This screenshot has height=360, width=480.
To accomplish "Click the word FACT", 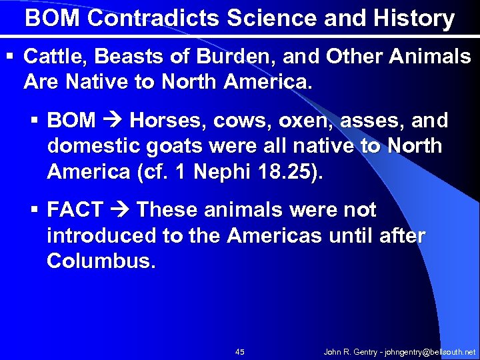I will [75, 210].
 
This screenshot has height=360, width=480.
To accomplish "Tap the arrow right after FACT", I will [120, 210].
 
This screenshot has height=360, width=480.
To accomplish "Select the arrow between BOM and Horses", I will [113, 121].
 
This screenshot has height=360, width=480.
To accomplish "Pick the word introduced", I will [98, 235].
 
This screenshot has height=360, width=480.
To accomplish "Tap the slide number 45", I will [240, 351].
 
